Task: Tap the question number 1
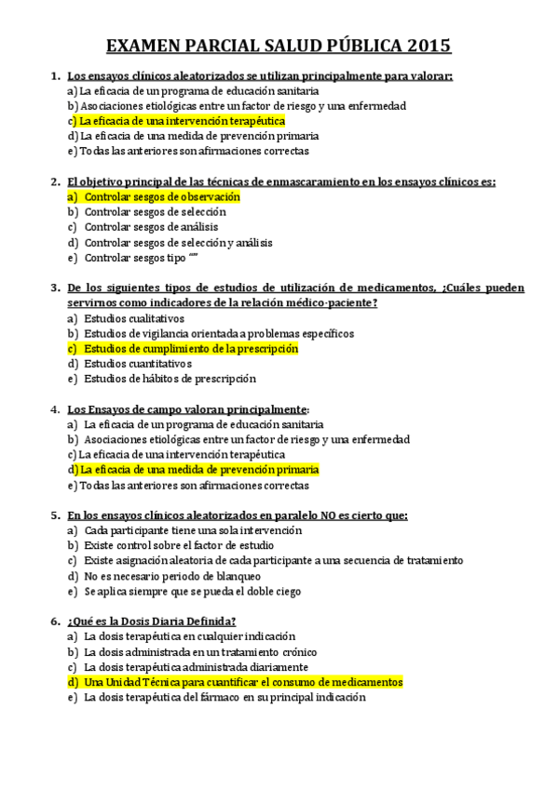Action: click(55, 75)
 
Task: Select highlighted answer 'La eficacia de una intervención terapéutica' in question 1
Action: click(182, 121)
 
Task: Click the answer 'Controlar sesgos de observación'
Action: click(161, 197)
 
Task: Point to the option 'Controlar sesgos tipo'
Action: click(134, 258)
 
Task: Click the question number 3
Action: click(55, 288)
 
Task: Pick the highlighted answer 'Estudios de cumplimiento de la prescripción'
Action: click(190, 349)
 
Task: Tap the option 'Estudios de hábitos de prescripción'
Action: click(170, 379)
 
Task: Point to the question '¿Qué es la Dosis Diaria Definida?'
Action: click(151, 621)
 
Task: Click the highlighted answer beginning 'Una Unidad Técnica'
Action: click(242, 682)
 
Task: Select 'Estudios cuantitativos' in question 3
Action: click(137, 364)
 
